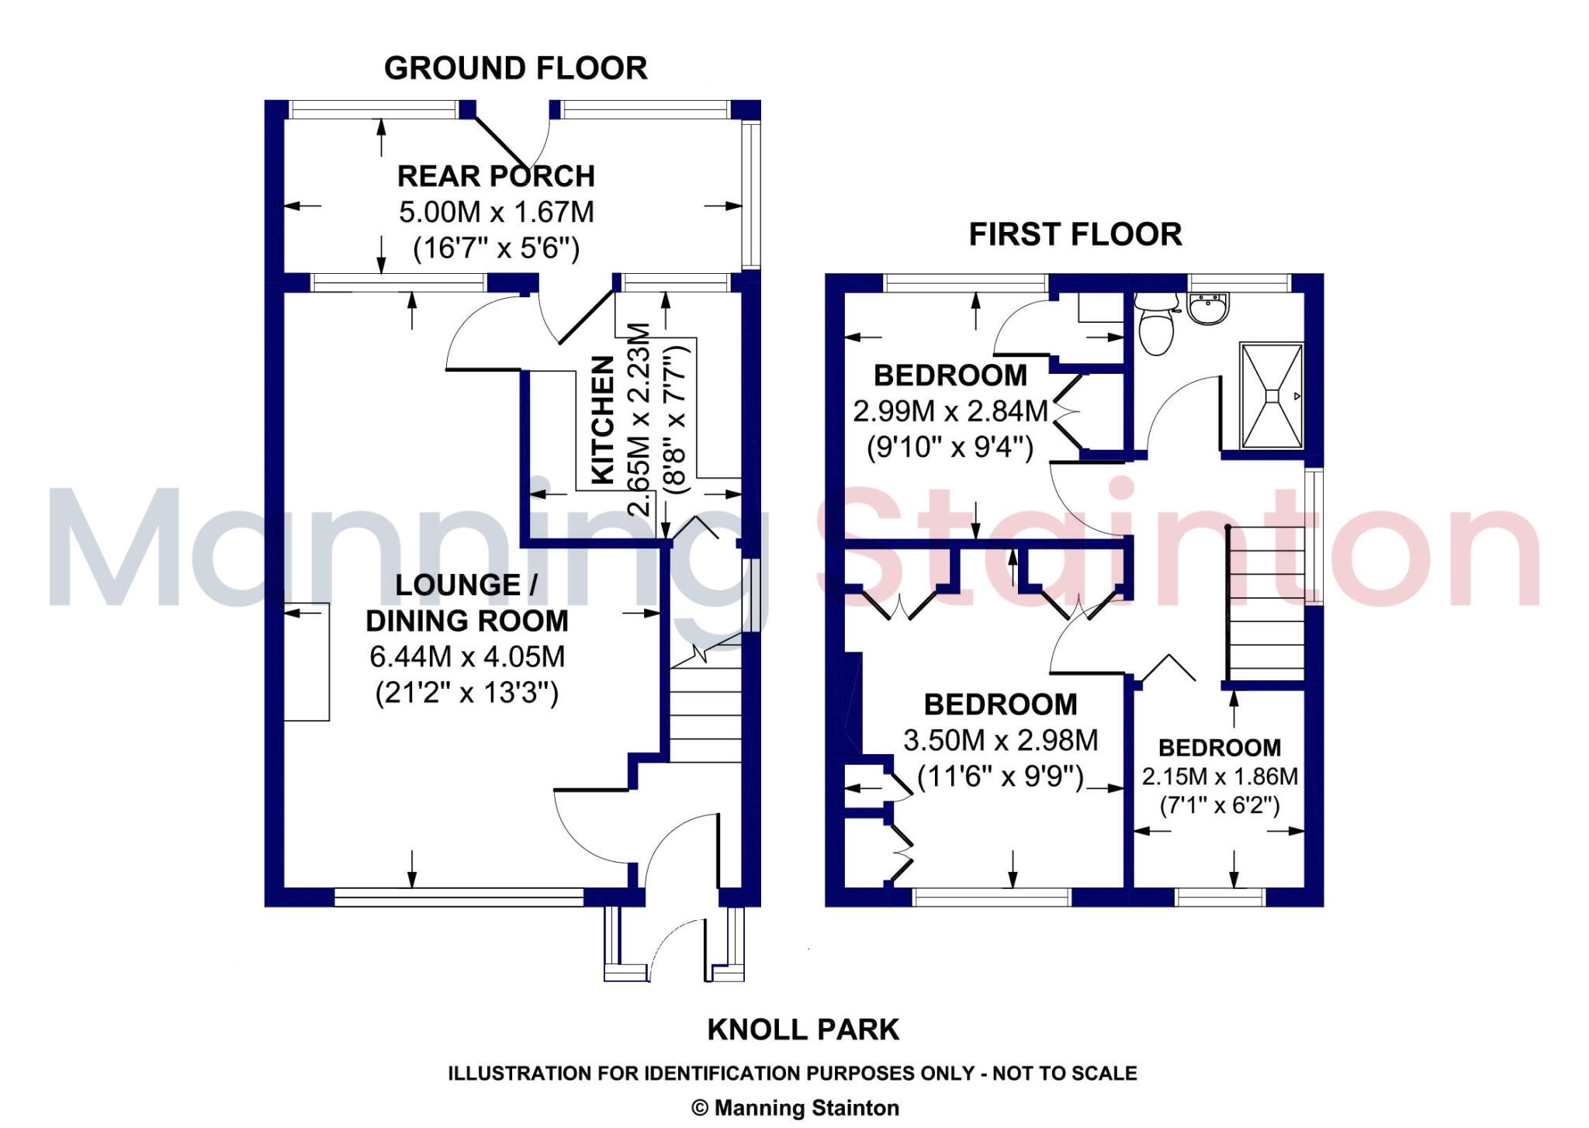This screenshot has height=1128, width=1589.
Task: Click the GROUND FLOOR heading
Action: point(515,68)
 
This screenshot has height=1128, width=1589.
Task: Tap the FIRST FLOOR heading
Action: point(1075,234)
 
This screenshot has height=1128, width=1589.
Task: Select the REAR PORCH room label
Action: point(496,176)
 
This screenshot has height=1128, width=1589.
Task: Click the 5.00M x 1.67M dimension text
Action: point(496,212)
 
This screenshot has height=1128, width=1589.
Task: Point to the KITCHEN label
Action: point(604,420)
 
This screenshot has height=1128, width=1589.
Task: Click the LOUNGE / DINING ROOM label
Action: point(466,603)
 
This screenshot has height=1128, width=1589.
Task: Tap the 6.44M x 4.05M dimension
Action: point(466,657)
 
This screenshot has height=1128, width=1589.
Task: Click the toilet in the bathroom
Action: point(1156,326)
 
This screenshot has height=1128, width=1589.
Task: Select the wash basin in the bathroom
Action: point(1209,309)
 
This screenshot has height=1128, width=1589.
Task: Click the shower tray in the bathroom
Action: point(1271,396)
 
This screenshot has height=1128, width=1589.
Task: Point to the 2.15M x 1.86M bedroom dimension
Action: point(1219,777)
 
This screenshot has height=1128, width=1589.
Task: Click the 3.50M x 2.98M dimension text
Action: point(1000,740)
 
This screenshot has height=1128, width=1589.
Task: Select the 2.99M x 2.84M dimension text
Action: point(950,411)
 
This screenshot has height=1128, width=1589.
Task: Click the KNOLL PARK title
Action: point(803,1029)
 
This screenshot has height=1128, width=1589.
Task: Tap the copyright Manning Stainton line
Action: point(794,1108)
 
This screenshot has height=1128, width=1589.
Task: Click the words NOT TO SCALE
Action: point(1065,1074)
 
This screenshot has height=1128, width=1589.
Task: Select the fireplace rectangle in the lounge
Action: point(306,662)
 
